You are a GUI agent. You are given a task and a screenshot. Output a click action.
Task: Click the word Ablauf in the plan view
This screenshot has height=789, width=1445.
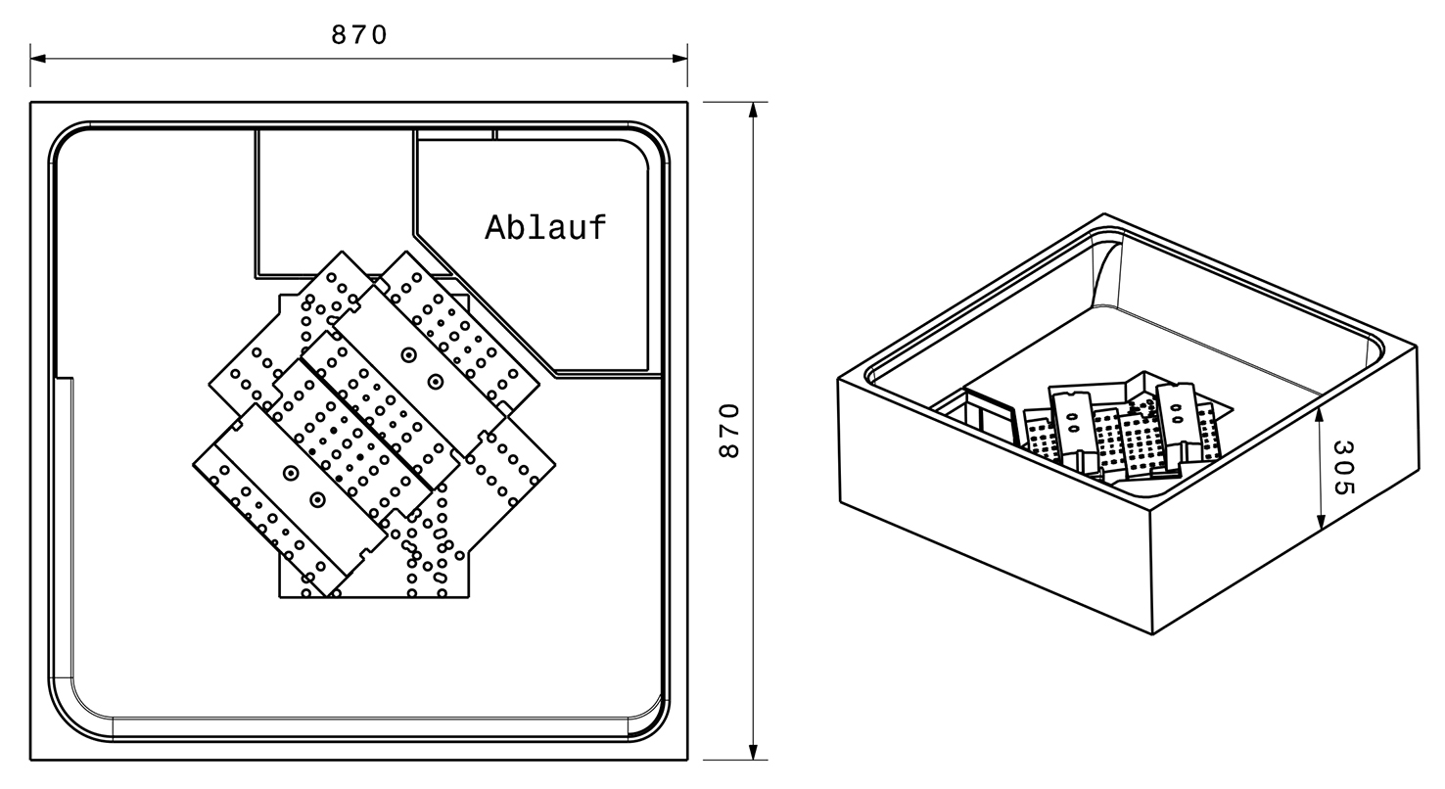click(545, 227)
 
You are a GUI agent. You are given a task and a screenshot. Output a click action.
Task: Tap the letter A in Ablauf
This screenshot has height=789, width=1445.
click(495, 227)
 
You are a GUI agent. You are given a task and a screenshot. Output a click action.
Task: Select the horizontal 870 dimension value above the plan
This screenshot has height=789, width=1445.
click(359, 35)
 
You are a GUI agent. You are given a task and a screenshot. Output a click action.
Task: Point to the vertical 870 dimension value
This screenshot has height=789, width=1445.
click(729, 431)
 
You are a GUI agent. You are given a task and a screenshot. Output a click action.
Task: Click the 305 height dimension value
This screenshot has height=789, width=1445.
click(1342, 467)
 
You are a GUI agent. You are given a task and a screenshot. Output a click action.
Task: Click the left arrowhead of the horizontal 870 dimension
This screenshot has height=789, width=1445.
click(37, 59)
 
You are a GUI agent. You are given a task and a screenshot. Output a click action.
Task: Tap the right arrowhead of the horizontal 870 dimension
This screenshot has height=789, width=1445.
click(680, 59)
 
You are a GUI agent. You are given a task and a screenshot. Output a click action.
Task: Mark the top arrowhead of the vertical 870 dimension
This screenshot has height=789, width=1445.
click(753, 109)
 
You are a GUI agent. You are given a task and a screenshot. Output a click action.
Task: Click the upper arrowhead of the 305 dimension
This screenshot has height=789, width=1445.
click(1321, 415)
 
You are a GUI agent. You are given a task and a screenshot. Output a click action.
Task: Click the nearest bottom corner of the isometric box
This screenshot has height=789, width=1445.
click(1152, 634)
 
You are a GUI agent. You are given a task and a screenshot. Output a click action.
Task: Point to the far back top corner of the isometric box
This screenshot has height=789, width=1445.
click(1104, 214)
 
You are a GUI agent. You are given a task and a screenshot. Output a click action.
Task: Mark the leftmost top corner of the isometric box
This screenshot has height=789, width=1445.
click(840, 380)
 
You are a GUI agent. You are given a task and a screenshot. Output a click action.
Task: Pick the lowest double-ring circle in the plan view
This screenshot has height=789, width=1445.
click(317, 500)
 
